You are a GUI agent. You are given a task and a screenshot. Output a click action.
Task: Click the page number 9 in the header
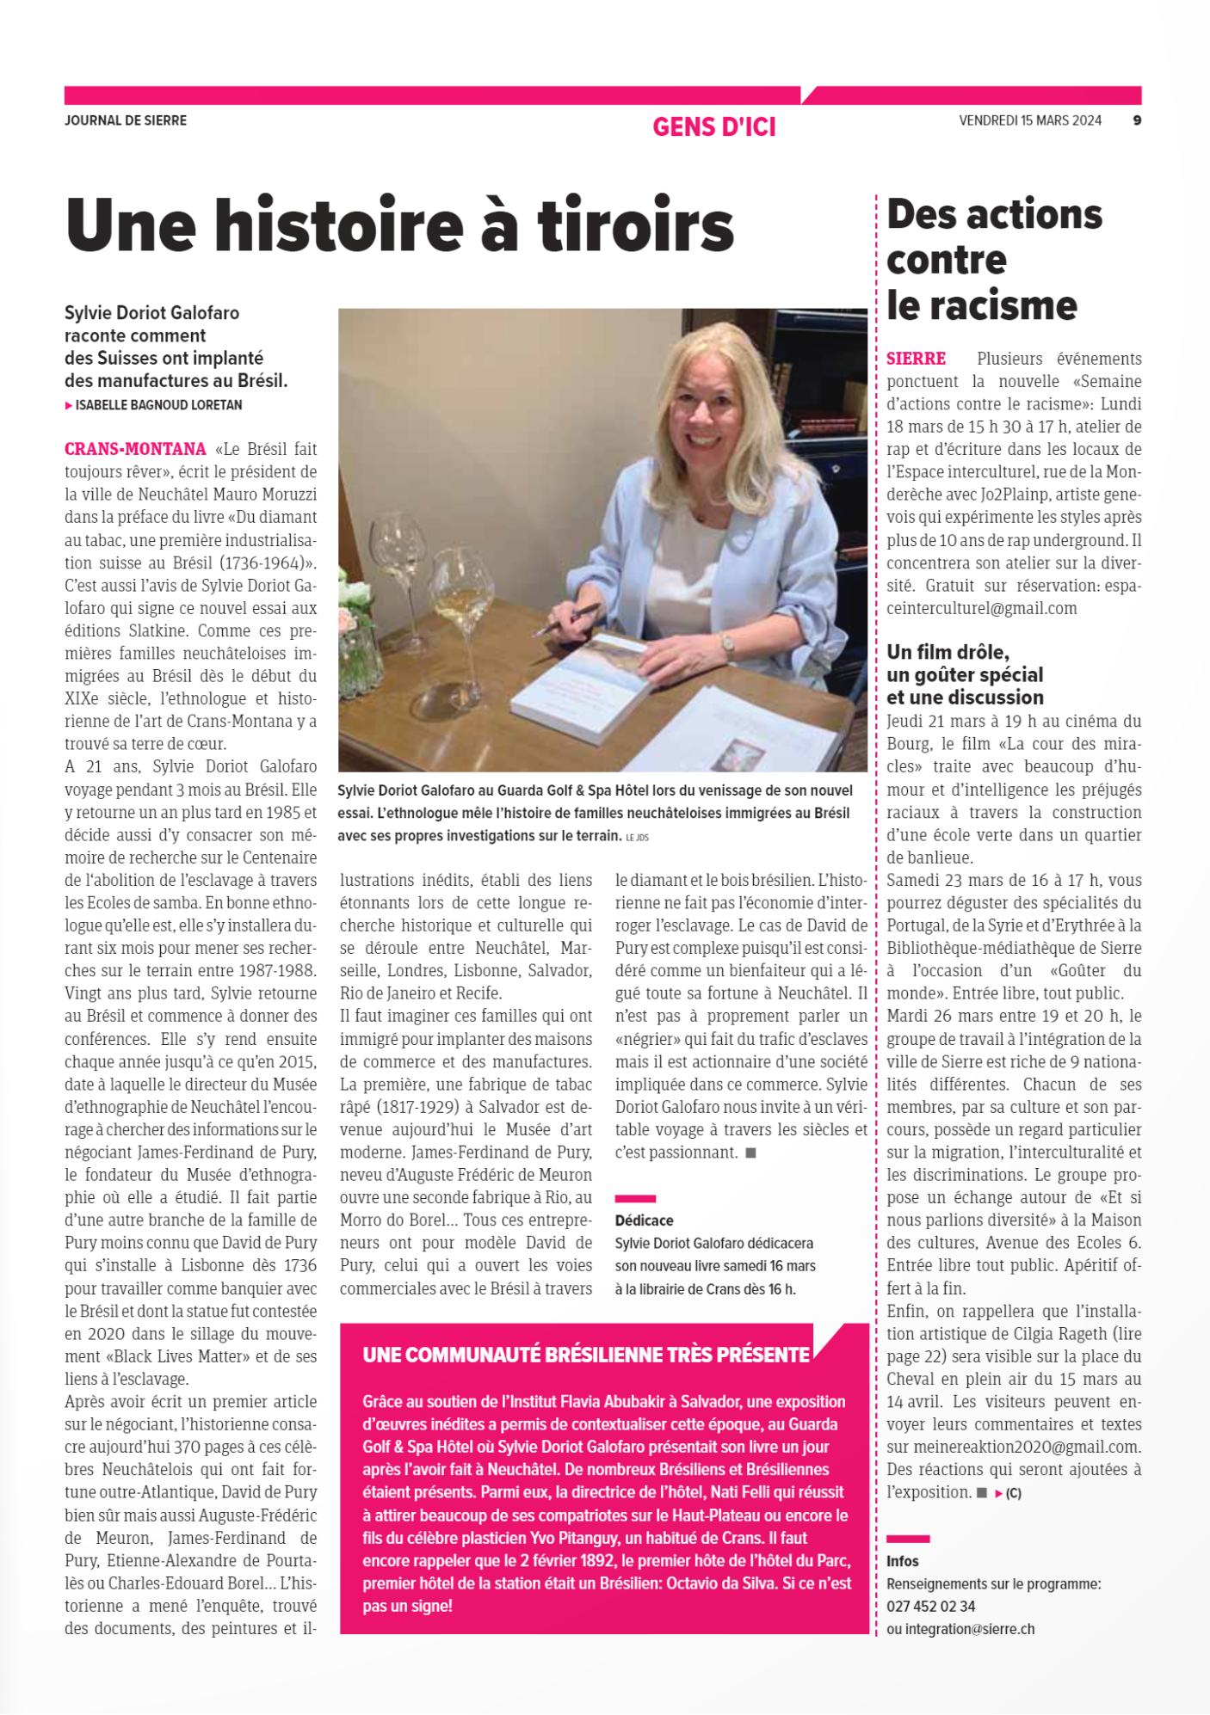click(1137, 120)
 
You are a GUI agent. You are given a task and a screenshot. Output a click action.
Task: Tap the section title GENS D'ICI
click(714, 127)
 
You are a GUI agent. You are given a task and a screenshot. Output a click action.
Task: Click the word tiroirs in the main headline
click(635, 226)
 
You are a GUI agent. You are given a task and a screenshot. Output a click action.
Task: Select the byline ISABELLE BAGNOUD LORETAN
click(158, 405)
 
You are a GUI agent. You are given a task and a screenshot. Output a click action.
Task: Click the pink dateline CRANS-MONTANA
click(135, 449)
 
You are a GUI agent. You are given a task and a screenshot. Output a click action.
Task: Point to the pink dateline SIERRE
click(916, 359)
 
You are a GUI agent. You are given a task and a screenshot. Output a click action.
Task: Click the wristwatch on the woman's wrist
click(727, 643)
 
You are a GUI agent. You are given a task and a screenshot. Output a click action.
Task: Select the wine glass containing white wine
click(462, 593)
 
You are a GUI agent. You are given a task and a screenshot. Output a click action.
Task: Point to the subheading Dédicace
click(644, 1220)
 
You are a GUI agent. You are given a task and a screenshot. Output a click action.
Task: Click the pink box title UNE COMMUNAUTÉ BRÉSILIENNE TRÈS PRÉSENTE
click(586, 1355)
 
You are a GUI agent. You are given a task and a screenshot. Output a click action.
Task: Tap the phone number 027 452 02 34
click(931, 1606)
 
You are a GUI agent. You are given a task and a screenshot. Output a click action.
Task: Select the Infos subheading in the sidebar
click(903, 1561)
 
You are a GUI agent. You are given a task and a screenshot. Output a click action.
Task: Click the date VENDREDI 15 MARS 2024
click(1030, 120)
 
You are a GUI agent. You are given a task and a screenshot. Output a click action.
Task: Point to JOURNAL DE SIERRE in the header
click(126, 120)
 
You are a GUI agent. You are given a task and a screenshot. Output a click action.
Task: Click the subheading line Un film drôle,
click(948, 652)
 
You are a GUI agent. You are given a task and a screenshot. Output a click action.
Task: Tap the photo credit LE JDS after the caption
click(637, 837)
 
